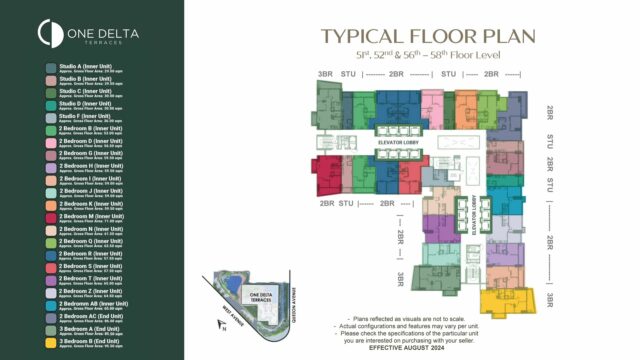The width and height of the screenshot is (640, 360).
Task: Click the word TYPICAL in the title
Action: (358, 37)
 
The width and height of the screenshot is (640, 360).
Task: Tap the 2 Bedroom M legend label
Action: (90, 215)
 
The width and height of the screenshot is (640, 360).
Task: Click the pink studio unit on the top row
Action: (432, 104)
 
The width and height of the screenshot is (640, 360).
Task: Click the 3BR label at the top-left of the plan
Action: (325, 74)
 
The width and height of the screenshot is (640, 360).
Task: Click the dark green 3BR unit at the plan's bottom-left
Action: (412, 276)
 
